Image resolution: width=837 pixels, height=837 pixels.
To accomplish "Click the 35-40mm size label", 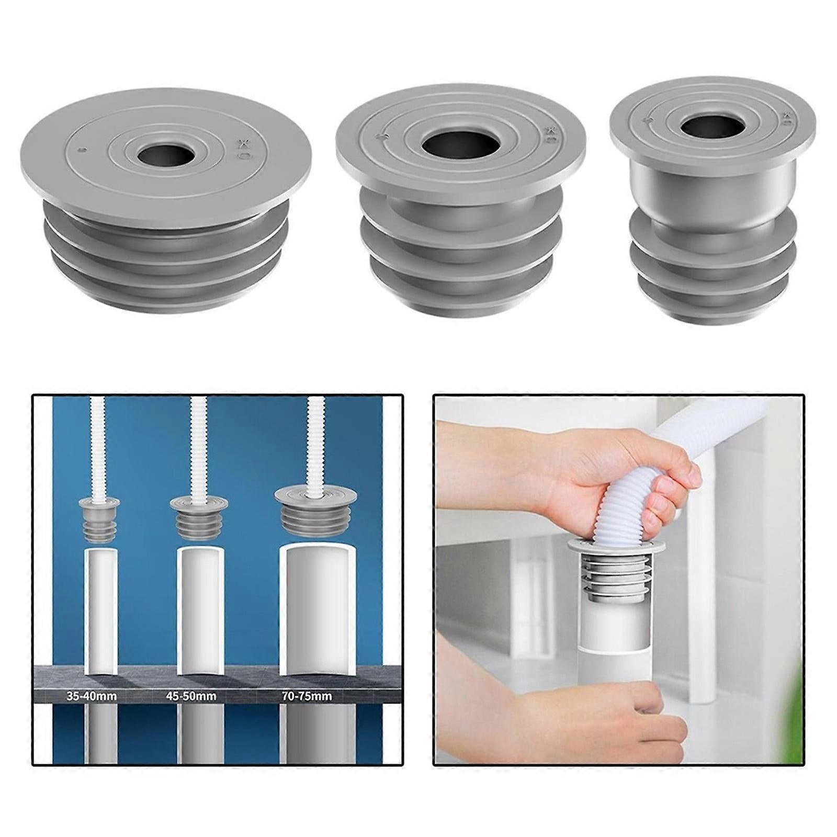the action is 92,696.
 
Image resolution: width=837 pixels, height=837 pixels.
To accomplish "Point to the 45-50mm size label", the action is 191,696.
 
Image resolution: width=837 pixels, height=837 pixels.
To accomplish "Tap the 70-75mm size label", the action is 306,696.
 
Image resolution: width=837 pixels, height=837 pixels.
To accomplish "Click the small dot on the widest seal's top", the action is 78,151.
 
